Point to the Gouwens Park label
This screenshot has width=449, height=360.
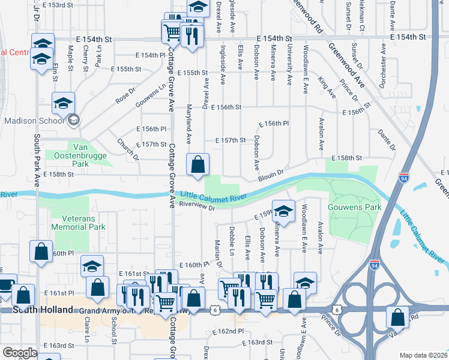[346, 207]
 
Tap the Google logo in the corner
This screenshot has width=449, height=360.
[19, 353]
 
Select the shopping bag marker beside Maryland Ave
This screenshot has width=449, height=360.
[197, 164]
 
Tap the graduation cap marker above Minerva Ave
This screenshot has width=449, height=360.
[285, 211]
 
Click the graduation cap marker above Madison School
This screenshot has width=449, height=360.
[64, 103]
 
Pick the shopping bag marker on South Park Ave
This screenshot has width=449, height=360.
[40, 252]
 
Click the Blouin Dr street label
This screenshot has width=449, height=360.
[270, 176]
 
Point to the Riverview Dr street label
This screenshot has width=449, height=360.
[196, 206]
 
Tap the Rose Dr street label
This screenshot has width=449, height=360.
[122, 95]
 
